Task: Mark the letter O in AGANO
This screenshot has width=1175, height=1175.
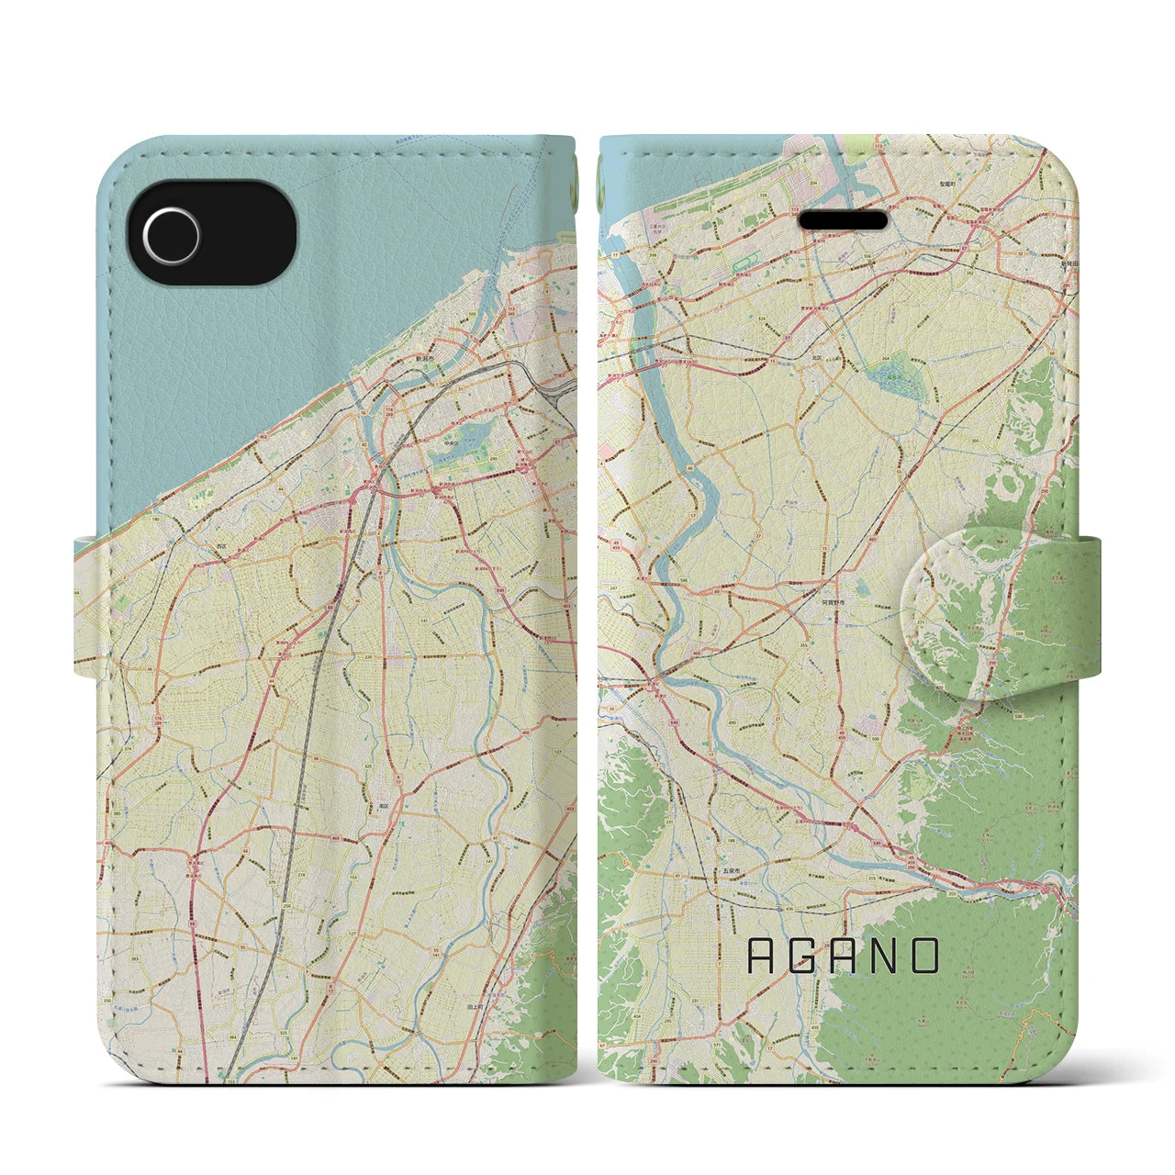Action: (x=926, y=956)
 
